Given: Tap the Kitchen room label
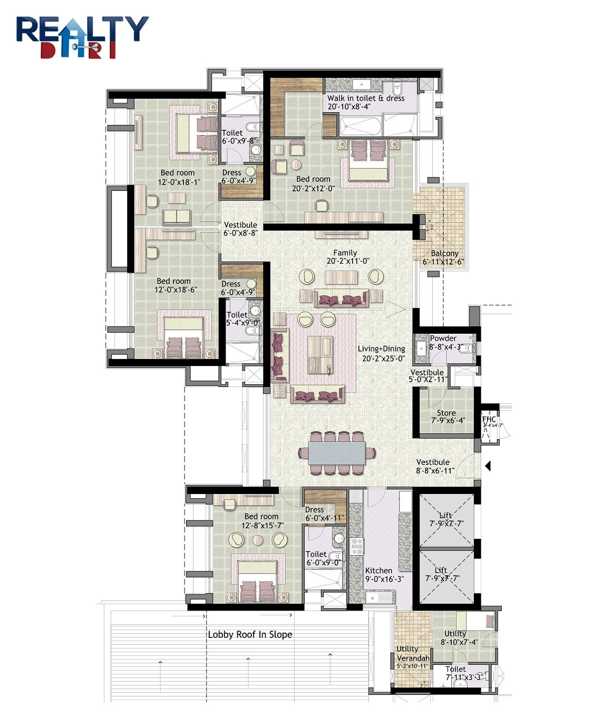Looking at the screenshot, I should (x=378, y=570).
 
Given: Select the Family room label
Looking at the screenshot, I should (x=345, y=253).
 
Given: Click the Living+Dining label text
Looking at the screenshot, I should (x=381, y=349).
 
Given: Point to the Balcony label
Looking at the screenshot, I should (x=444, y=254).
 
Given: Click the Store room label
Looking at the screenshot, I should (x=446, y=413).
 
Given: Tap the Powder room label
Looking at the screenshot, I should (x=443, y=338).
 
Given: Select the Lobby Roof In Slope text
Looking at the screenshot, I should (x=250, y=634).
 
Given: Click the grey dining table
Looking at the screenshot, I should (x=337, y=453).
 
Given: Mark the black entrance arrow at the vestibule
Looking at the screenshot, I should (x=488, y=466).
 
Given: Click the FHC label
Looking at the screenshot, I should (x=489, y=420).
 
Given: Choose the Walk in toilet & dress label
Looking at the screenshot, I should (x=366, y=98).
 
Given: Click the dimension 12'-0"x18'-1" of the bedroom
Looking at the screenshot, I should (x=179, y=182).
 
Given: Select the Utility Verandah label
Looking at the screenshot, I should (x=412, y=654).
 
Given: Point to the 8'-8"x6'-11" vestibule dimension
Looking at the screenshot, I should (x=435, y=471).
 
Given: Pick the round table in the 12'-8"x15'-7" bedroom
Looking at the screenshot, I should (x=257, y=540).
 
